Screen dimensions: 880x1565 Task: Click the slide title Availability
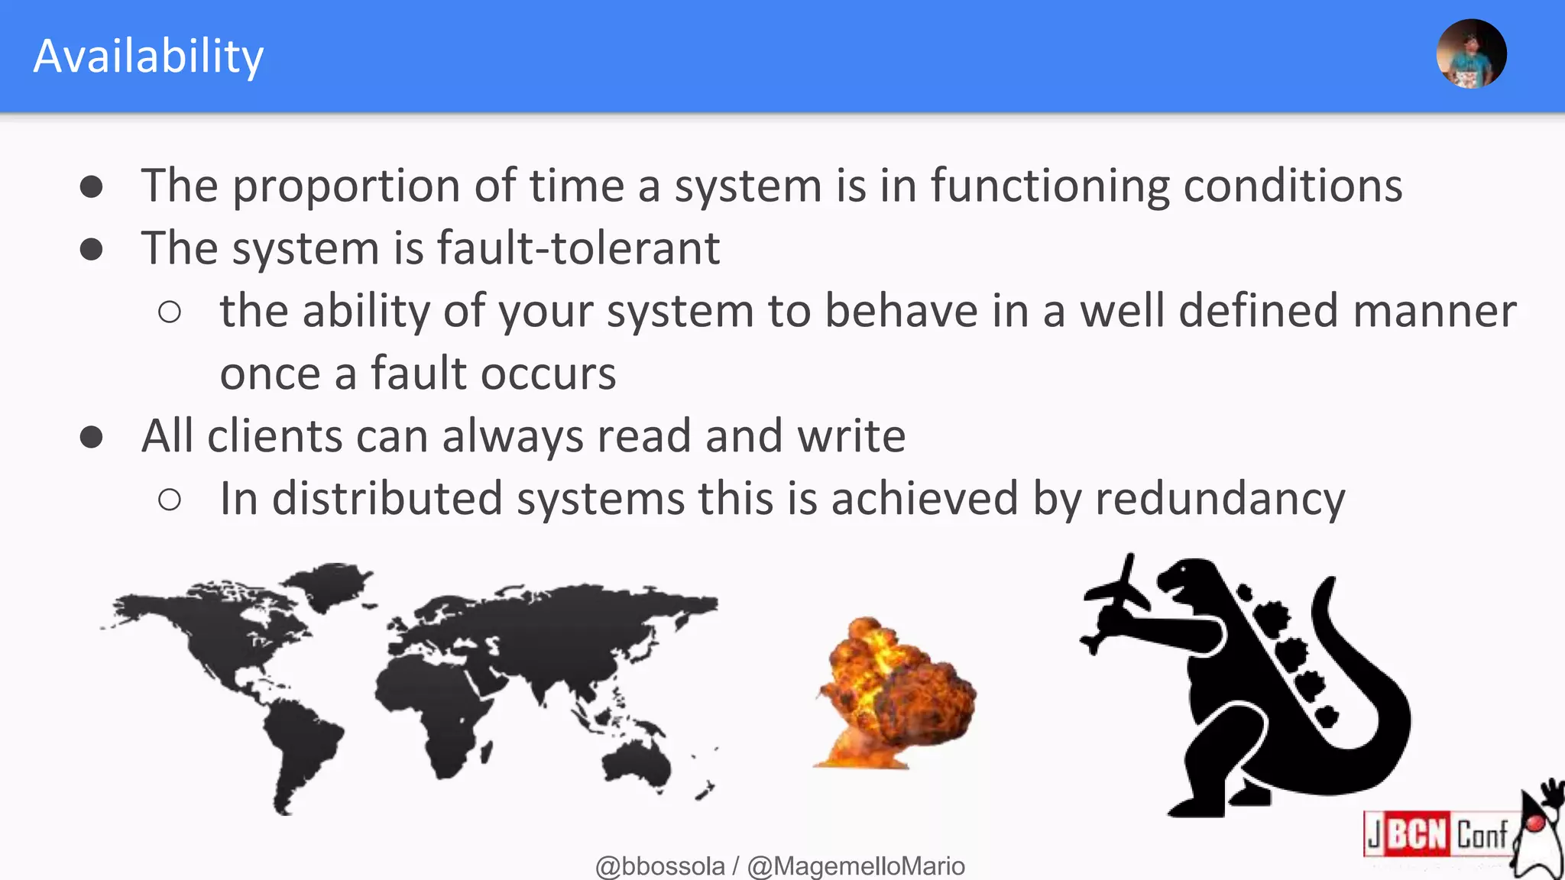pos(148,57)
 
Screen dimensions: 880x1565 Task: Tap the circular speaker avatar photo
pos(1471,54)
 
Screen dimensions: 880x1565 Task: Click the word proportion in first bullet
pos(346,186)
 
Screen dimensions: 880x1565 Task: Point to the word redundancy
pos(1220,499)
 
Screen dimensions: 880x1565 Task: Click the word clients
pos(274,436)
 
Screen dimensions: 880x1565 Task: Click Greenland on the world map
pos(332,584)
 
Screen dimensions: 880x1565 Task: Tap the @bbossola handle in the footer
pos(659,866)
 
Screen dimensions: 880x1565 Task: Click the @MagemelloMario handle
pos(856,866)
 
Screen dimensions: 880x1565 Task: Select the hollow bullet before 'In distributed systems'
pos(170,500)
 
